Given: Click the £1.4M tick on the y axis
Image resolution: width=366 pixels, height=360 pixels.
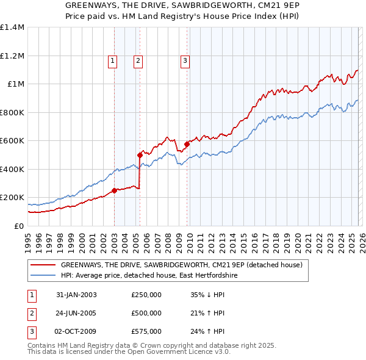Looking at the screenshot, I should coord(12,27).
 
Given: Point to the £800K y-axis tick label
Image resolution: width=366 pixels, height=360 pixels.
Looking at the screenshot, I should coord(12,112).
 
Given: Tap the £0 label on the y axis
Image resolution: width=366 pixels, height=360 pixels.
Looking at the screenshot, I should coord(18,226).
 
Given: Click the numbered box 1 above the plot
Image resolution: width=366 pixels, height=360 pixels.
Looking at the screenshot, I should coord(113,60).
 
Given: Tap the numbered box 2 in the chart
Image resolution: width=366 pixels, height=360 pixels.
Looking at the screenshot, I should coord(138,60).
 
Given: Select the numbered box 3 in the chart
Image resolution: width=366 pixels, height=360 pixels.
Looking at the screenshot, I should coord(185,60).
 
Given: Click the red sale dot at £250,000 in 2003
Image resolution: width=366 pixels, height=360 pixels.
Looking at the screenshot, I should coord(114,190).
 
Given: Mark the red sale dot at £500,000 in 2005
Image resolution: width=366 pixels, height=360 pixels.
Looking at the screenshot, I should coord(140,155).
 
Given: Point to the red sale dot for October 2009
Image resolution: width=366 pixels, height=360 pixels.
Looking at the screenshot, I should coord(187,144).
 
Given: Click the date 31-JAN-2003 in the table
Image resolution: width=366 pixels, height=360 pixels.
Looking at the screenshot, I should coord(76,295).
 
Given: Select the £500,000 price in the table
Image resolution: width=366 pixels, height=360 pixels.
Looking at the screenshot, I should coord(146,313).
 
